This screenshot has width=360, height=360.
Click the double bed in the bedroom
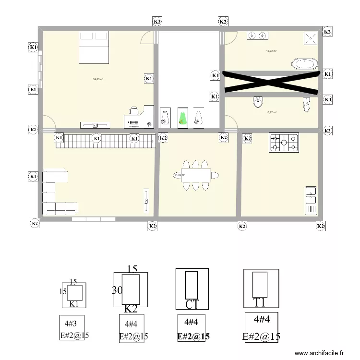[94, 47]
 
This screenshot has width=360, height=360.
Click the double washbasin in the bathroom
[257, 35]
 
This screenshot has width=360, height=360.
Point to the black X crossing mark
[272, 82]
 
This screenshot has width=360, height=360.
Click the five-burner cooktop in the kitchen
[284, 142]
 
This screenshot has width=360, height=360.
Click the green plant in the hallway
[182, 118]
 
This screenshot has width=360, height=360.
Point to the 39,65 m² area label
[98, 80]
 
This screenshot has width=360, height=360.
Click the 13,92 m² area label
[271, 50]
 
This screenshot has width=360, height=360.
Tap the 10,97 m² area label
[271, 113]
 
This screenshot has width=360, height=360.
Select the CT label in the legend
[192, 304]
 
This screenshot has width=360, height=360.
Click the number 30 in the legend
[117, 290]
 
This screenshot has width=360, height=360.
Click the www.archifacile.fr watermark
[319, 353]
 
